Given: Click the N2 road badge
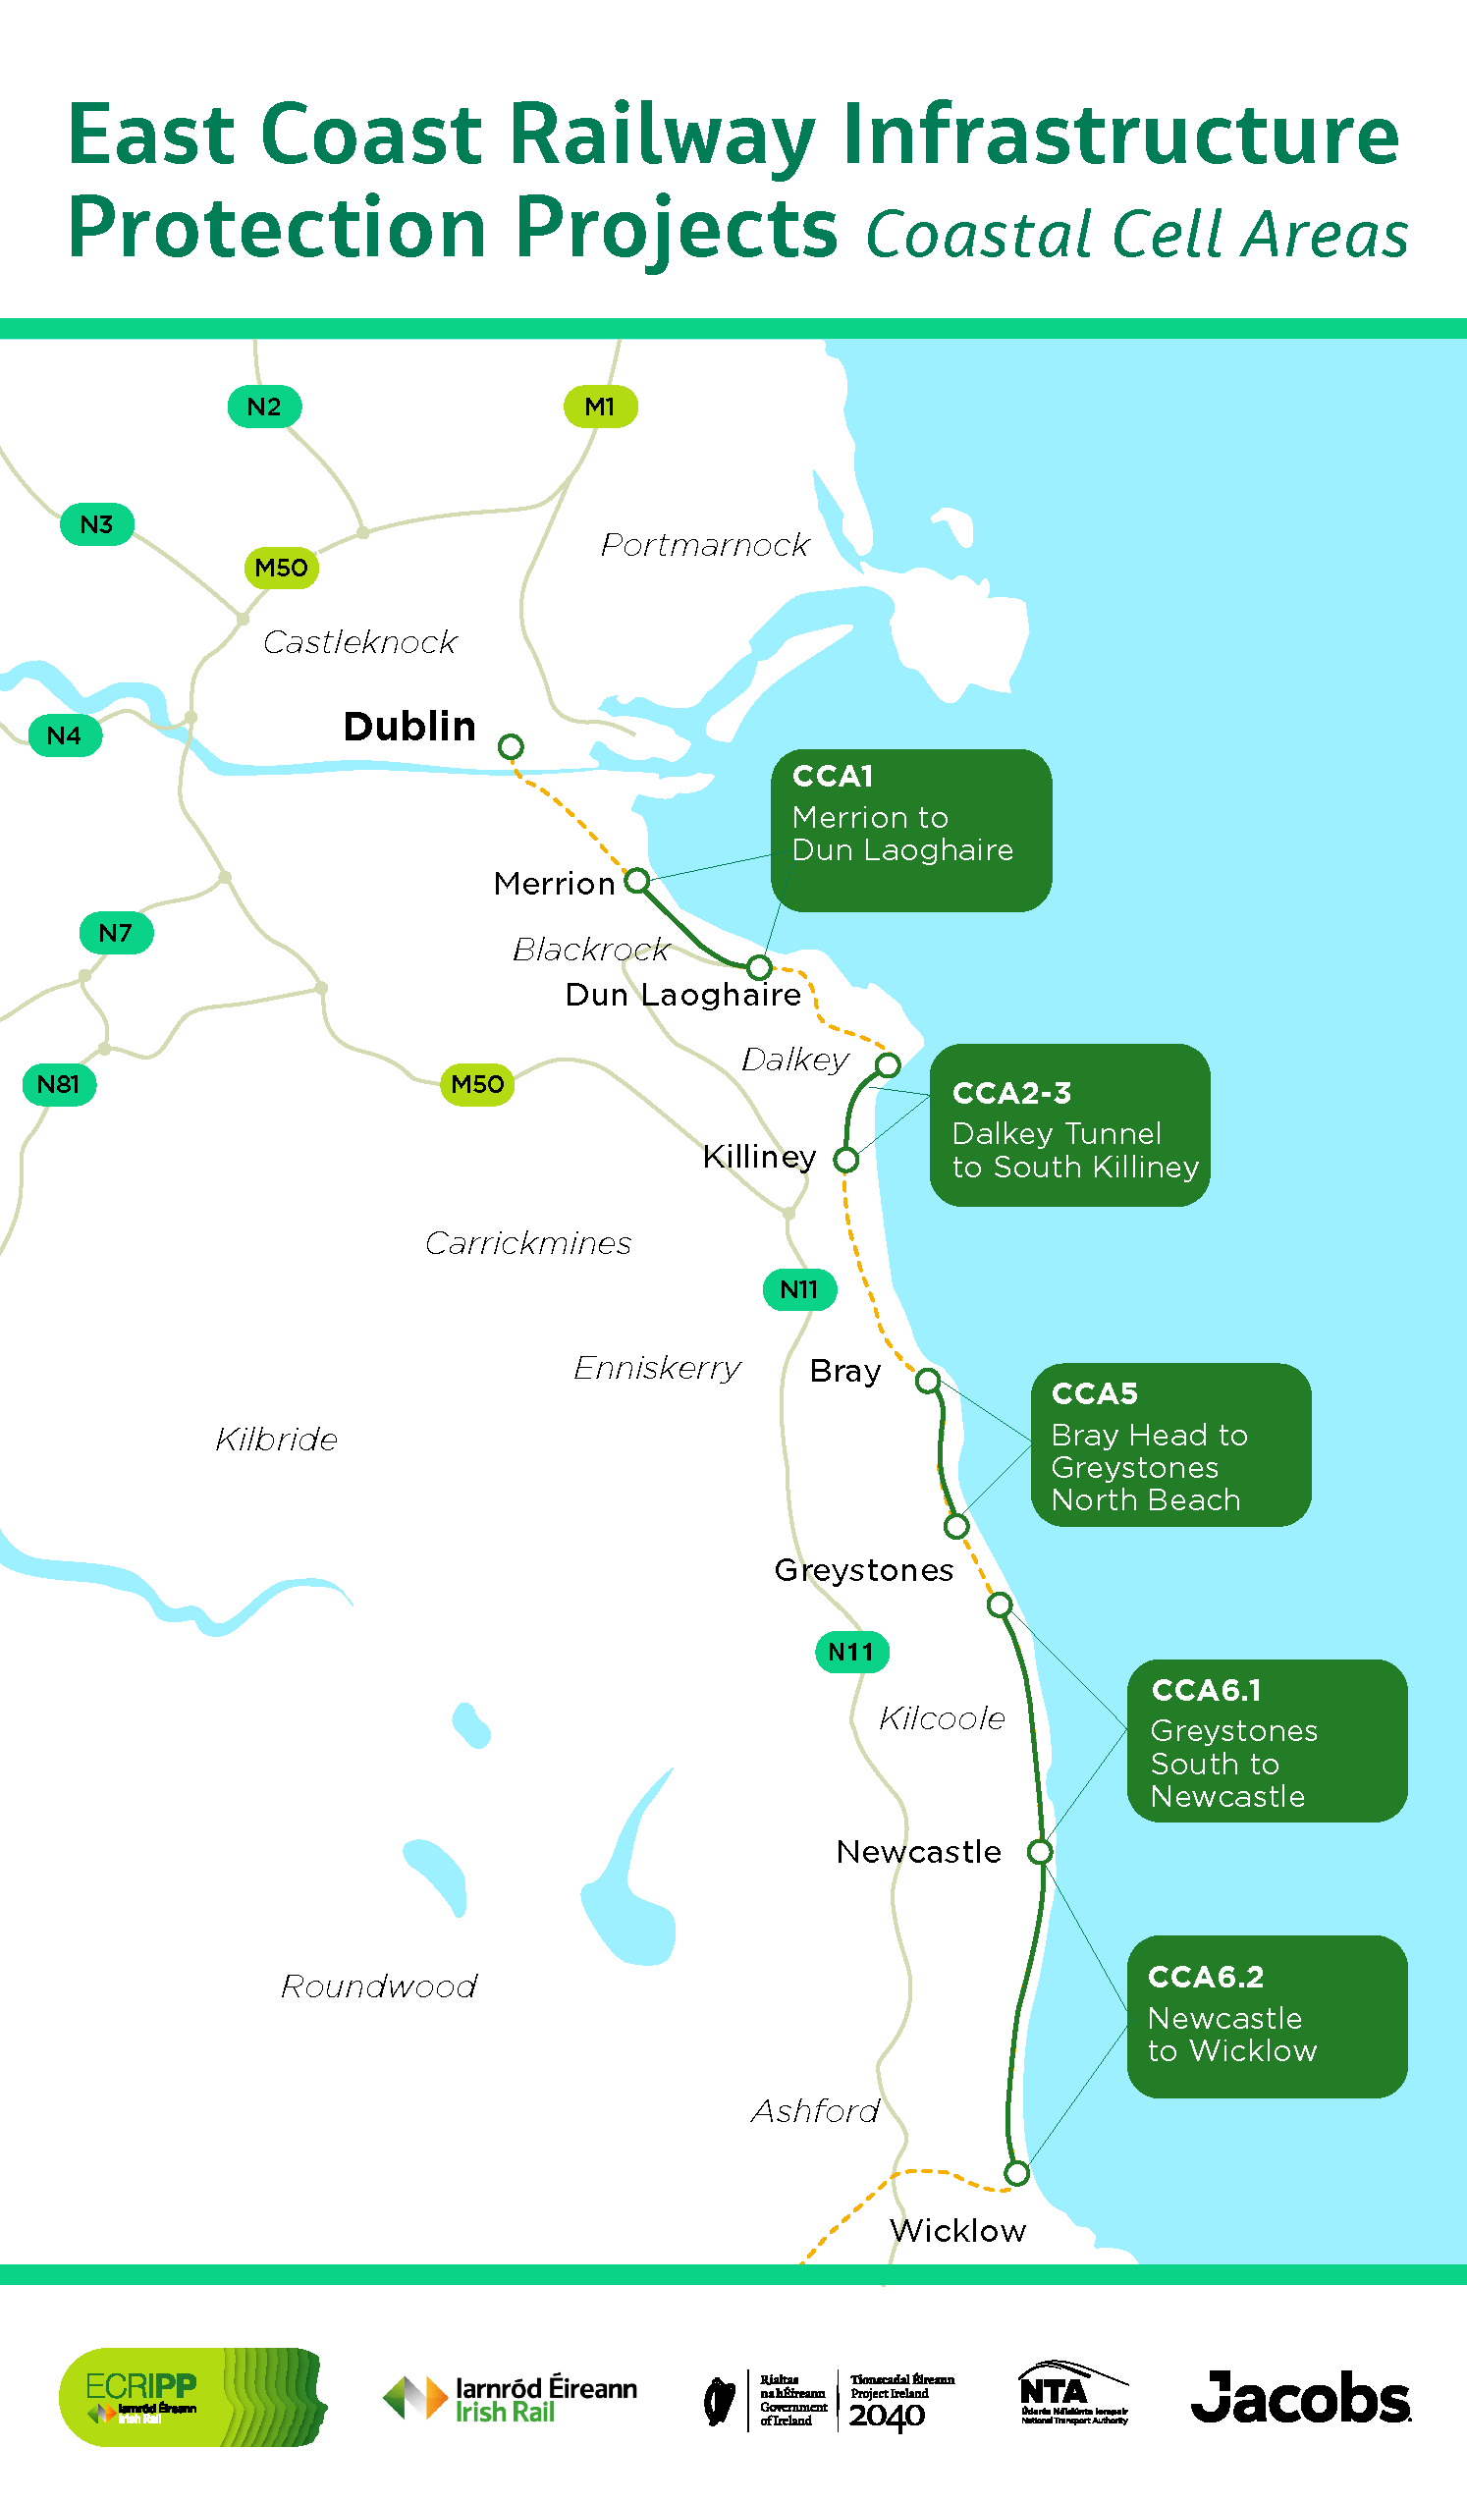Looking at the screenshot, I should pos(264,407).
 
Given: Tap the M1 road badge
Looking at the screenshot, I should pos(600,407).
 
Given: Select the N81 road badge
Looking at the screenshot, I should pos(59,1084).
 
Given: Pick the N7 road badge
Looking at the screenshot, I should pos(116,933).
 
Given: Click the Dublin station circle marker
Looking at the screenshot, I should pos(511,746).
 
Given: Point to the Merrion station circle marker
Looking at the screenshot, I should pos(637,880).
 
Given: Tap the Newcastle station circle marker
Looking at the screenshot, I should pos(1040,1851).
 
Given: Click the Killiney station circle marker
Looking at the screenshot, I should pos(846,1159).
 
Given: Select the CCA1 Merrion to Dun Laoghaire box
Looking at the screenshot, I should pos(911,831).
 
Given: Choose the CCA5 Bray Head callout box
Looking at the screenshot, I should pos(1171,1444).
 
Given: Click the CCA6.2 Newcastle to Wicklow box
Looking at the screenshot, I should pos(1267,2016).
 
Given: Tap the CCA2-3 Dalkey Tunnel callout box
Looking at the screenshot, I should pos(1069,1124).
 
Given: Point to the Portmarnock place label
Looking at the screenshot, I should pos(704,544).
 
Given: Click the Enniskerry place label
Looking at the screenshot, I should pos(657,1368).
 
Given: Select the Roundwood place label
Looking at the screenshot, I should pos(379,1986).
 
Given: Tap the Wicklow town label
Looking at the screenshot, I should pos(957,2231).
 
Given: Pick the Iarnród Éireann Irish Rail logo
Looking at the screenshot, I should pos(510,2398).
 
